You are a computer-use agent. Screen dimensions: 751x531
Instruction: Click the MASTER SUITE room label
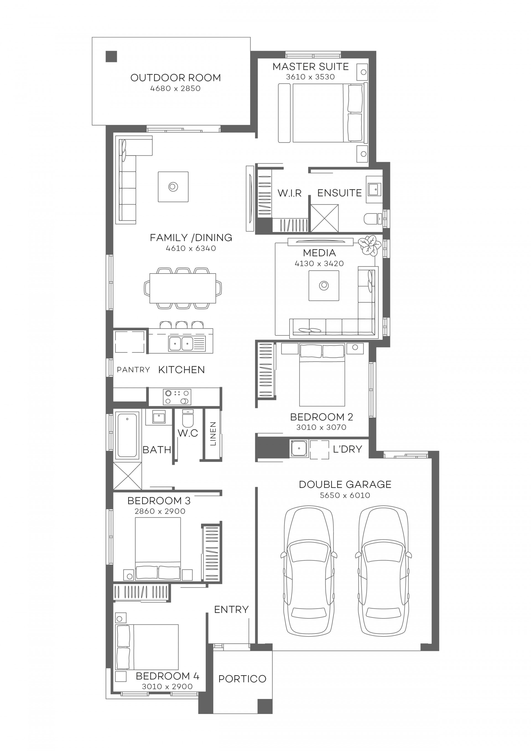point(310,67)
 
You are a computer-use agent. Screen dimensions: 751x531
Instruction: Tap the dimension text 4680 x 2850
point(175,89)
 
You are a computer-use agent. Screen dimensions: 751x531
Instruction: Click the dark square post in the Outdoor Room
point(111,57)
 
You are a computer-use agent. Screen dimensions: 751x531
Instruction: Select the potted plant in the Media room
point(369,245)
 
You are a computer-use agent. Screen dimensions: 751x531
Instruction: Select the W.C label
point(188,433)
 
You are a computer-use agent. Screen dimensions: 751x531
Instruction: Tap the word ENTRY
point(231,609)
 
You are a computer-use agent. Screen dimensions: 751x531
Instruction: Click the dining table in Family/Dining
point(183,288)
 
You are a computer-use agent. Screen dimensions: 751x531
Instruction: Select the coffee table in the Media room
point(324,285)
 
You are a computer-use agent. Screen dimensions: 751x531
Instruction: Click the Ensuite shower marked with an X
point(324,218)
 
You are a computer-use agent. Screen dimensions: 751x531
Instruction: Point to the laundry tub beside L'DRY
point(298,448)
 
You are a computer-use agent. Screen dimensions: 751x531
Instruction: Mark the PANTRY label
point(133,370)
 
